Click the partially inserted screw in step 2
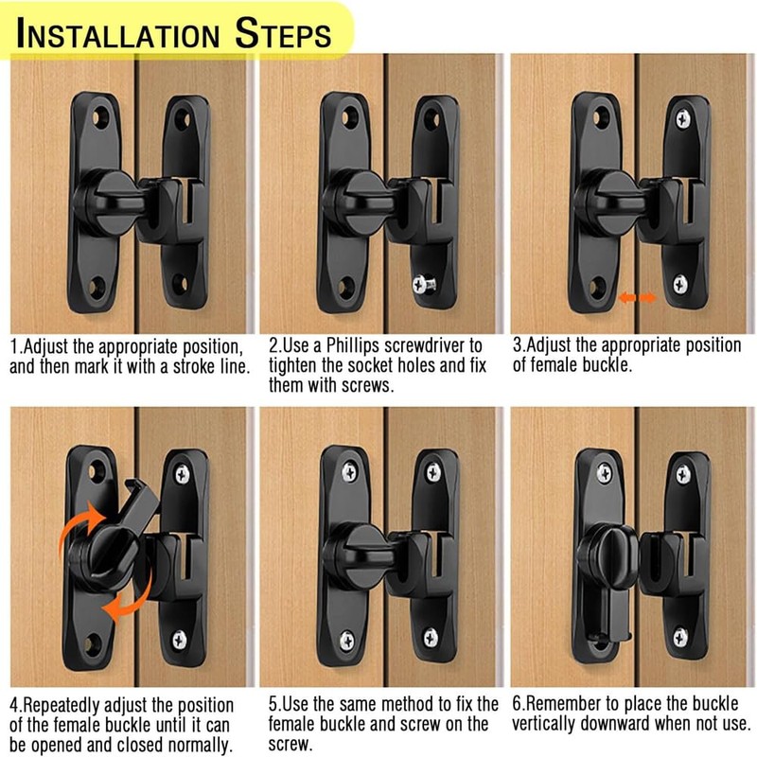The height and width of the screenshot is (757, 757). (x=422, y=285)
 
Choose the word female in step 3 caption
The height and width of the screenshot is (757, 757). (x=556, y=366)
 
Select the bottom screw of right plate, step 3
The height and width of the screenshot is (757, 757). (x=680, y=282)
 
